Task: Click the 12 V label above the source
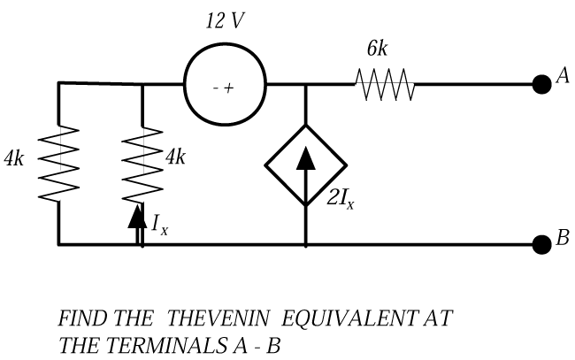(x=224, y=22)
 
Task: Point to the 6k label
(x=377, y=49)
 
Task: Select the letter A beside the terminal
(x=561, y=79)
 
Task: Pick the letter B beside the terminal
(x=562, y=237)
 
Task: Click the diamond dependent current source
(x=305, y=165)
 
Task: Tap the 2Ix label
(x=340, y=197)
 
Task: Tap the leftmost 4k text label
(x=16, y=159)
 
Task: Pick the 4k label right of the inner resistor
(x=176, y=157)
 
